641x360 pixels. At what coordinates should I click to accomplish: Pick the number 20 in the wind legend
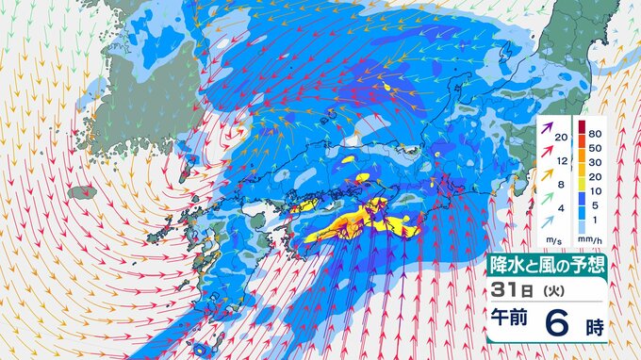(x=563, y=139)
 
